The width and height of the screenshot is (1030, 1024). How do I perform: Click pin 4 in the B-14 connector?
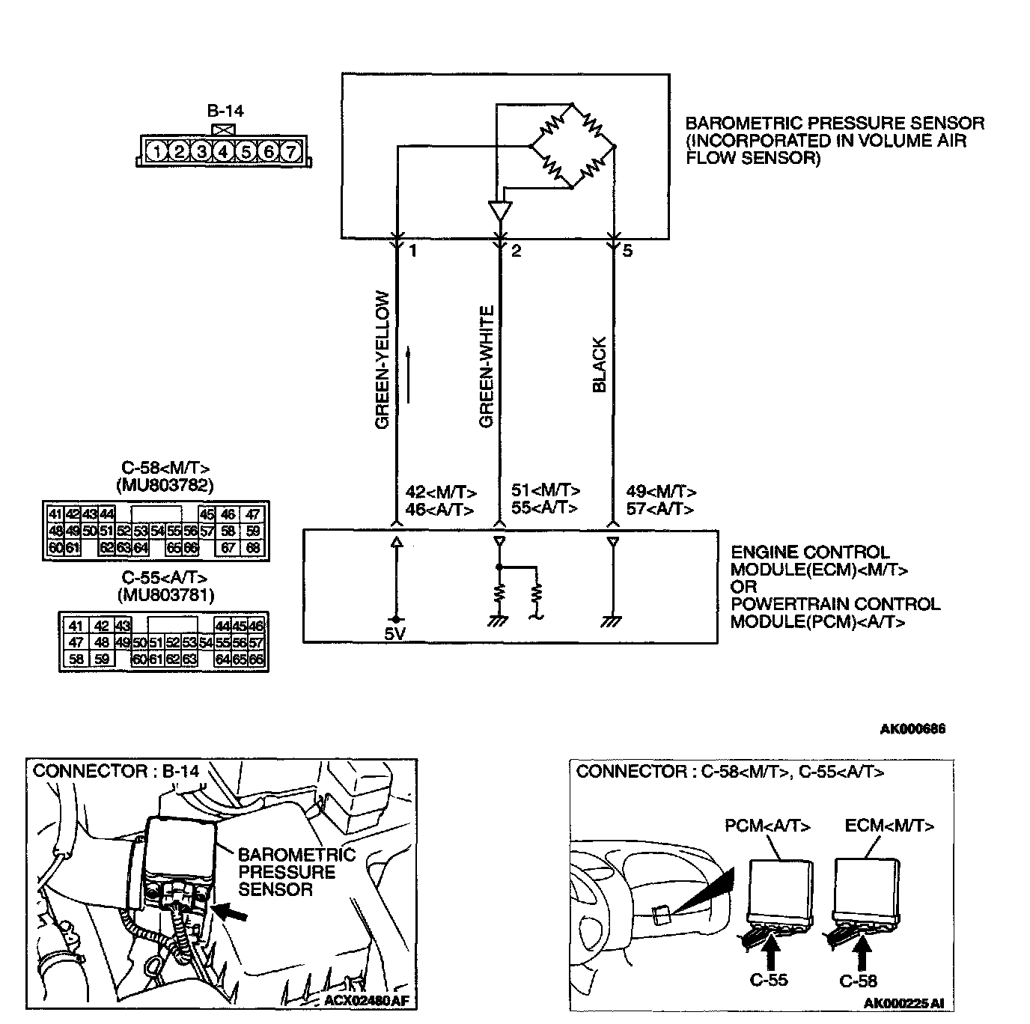pos(223,152)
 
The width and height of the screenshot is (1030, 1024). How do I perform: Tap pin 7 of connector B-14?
pos(290,152)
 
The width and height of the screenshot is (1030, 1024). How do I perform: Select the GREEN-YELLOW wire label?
pos(383,360)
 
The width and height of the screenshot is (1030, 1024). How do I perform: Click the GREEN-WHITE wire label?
pos(487,367)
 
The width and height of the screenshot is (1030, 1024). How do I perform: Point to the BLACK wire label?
pos(599,365)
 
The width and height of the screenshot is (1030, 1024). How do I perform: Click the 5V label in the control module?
pos(395,633)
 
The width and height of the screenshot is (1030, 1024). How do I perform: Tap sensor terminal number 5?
pos(627,252)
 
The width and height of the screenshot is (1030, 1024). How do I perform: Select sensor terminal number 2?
pos(516,252)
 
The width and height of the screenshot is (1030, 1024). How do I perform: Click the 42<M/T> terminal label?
pos(441,493)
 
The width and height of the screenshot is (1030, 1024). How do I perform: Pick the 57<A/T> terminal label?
pos(660,509)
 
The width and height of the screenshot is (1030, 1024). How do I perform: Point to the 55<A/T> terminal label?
pos(544,508)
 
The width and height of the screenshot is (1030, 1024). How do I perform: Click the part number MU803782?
pos(165,485)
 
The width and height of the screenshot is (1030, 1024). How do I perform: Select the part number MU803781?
pos(165,595)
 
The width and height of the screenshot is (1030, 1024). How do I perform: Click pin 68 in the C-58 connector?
pos(253,549)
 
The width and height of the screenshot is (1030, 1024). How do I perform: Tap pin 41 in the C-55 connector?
pos(75,626)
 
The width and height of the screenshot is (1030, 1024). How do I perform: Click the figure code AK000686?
pos(912,728)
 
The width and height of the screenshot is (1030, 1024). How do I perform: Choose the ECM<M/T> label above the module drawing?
pos(889,826)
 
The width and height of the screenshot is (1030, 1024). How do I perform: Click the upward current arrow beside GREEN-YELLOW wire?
pos(409,374)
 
